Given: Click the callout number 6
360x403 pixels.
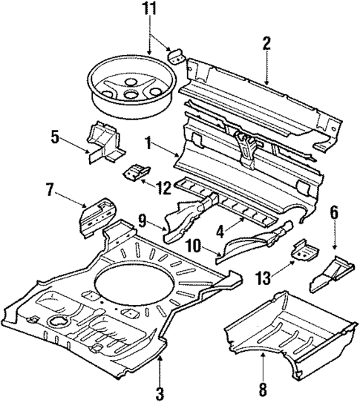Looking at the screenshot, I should pyautogui.click(x=334, y=213).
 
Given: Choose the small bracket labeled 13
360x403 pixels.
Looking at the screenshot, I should pyautogui.click(x=304, y=251).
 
